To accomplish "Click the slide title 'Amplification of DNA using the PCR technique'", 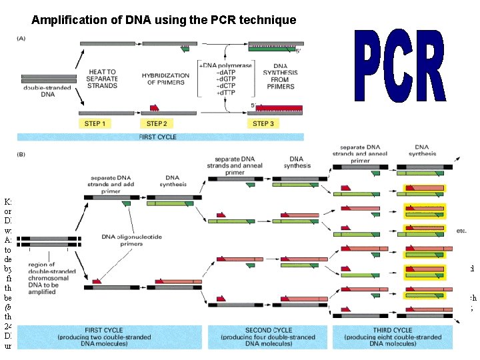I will pos(163,20).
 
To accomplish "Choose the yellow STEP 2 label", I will pos(157,123).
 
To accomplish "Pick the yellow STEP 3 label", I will pos(263,123).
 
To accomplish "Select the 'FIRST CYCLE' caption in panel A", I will pos(161,136).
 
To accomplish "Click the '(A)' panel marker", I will pos(22,37).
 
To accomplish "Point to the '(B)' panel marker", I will pos(22,153).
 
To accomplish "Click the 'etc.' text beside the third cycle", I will pos(461,231).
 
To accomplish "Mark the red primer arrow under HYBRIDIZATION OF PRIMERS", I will pos(154,106).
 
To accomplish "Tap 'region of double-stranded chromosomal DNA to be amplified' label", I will pos(49,275).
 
